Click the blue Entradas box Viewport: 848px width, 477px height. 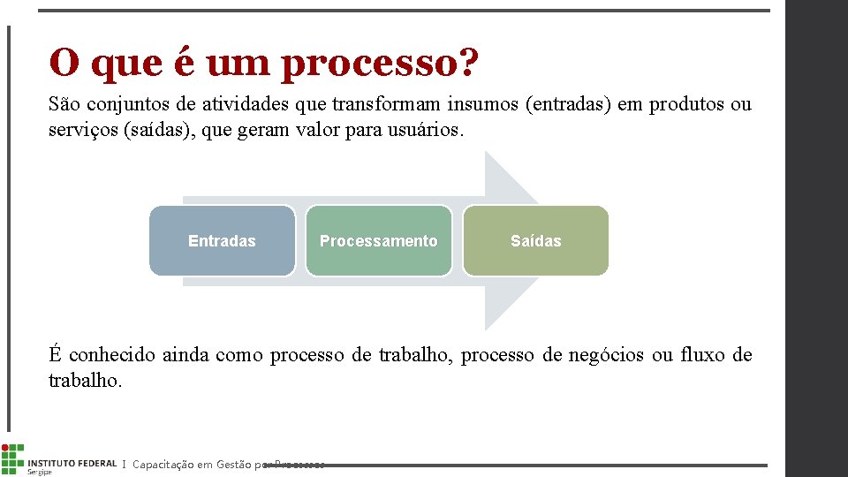[222, 241]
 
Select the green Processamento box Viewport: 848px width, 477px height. [378, 241]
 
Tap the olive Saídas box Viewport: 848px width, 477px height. [535, 241]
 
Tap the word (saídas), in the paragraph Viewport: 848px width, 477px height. [155, 130]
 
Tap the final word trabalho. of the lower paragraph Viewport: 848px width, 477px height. [85, 381]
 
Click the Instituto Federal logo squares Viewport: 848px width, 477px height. [12, 458]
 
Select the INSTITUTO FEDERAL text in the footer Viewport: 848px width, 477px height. [72, 463]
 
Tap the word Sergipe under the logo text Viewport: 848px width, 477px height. [41, 473]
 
